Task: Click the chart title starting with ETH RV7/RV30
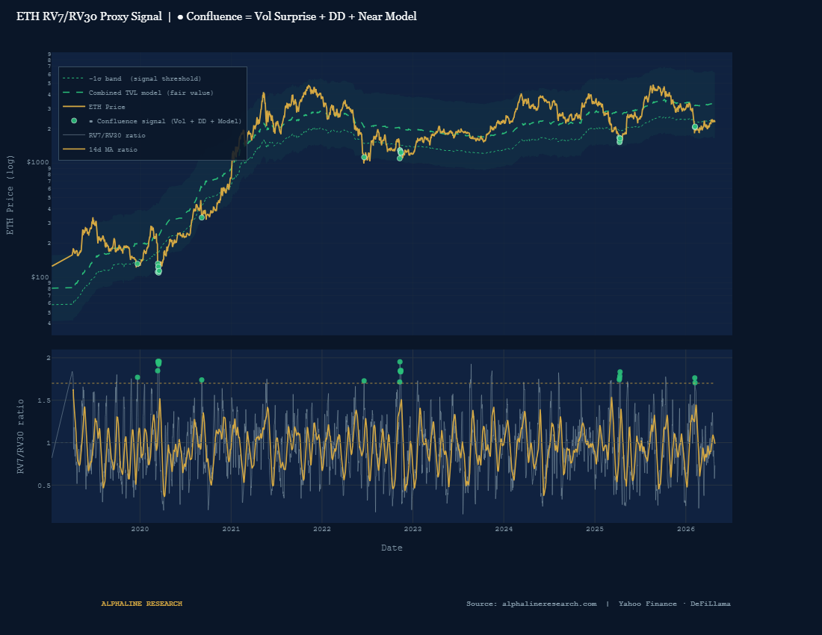pos(217,16)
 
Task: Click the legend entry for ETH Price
pos(107,107)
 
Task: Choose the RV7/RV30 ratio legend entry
pos(117,135)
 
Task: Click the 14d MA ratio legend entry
pos(112,149)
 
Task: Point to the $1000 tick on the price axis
pos(38,162)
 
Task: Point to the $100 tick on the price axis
pos(40,277)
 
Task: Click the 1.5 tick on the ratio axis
pos(43,400)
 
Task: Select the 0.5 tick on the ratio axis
pos(43,486)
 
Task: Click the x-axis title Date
pos(392,548)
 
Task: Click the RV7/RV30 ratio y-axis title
pos(21,436)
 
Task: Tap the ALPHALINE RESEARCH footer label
pos(141,604)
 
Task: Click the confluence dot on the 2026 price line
pos(695,127)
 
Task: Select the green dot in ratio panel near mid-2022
pos(364,381)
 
